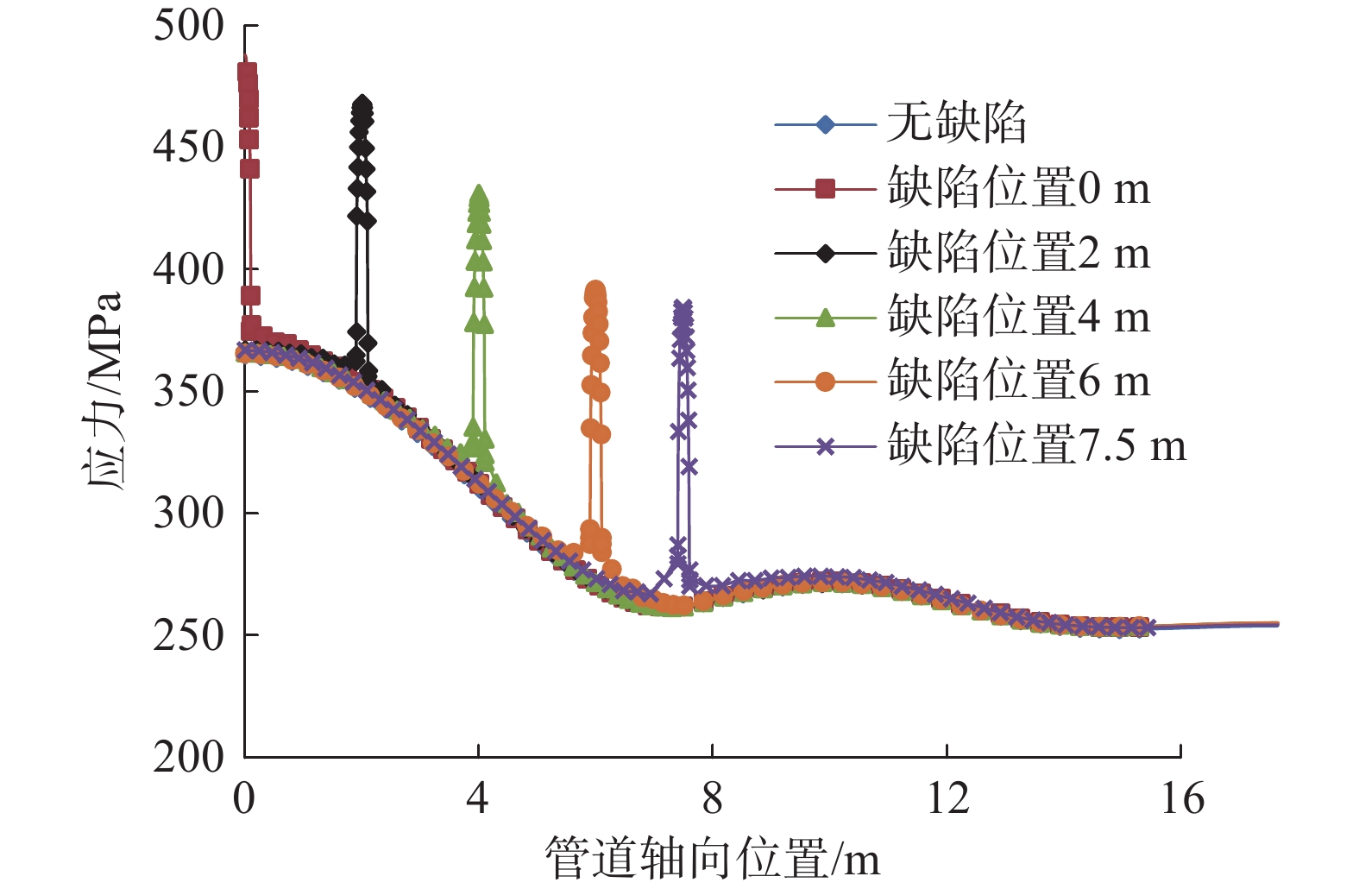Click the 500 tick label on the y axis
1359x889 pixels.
[x=188, y=26]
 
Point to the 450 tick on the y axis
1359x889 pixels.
[x=188, y=148]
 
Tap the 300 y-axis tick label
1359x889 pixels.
[x=188, y=514]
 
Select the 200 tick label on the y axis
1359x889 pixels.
[x=188, y=757]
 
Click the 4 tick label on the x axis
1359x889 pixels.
[x=478, y=798]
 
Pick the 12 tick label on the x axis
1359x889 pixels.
[x=947, y=798]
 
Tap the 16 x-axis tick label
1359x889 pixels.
[x=1181, y=798]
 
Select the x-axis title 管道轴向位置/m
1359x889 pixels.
[x=712, y=859]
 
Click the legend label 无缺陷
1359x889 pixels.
[x=957, y=123]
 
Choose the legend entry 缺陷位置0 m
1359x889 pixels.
[x=1019, y=188]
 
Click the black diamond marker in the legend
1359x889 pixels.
[x=826, y=253]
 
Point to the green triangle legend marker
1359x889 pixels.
[x=826, y=318]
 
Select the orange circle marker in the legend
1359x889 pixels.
[x=826, y=381]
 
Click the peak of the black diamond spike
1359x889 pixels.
[x=362, y=104]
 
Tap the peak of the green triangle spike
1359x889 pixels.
[x=479, y=193]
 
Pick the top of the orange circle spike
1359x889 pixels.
[x=595, y=290]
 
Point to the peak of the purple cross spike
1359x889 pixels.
[x=683, y=307]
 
